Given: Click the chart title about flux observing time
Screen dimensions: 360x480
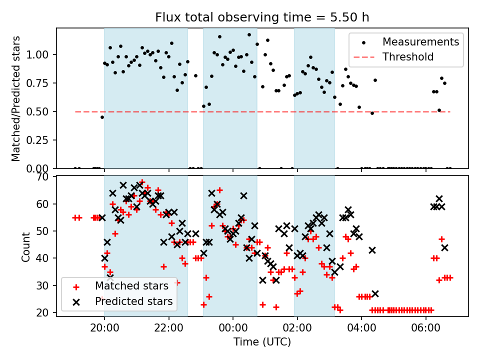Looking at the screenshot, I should pos(262,17).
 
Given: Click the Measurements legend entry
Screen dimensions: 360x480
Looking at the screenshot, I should pos(420,42).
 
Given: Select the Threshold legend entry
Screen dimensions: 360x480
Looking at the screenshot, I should pos(408,57).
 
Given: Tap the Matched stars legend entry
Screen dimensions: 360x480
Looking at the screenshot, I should pos(131,286).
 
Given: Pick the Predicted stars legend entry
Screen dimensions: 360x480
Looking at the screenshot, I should pos(133,301).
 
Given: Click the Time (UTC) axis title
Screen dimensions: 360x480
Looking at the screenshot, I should pos(262,343).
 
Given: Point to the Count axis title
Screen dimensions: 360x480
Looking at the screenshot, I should pos(26,246).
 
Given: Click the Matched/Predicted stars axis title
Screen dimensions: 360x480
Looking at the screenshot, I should pos(16,98).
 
